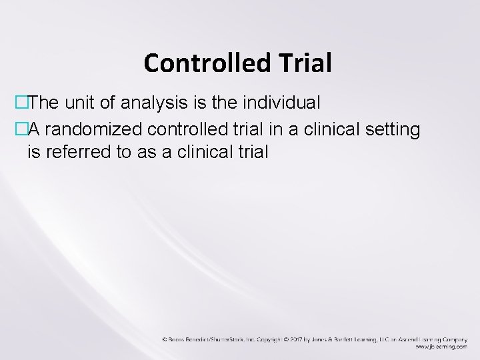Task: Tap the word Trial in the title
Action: coord(307,63)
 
